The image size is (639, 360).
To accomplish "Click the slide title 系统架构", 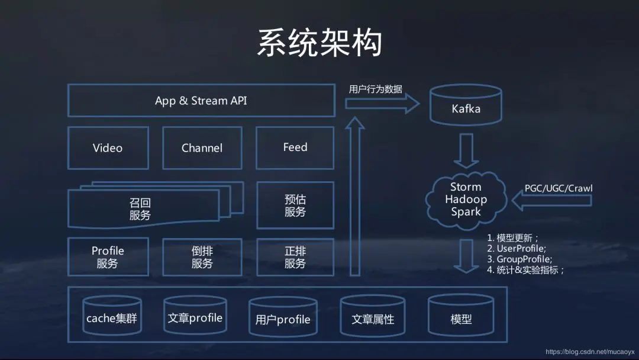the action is (320, 43).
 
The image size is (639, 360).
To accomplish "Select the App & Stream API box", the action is (201, 100).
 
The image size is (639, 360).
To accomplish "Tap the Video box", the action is (108, 147).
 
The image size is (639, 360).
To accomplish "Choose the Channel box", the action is (202, 147).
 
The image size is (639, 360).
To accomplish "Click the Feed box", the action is (295, 147).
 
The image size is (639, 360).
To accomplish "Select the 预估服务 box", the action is (295, 205).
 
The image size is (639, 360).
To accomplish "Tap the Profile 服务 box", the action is (108, 257).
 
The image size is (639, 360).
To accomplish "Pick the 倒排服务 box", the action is (202, 257).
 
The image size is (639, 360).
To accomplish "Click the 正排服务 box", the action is (295, 257).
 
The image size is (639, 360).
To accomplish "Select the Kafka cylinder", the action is (466, 105).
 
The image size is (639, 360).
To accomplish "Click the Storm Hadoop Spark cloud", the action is (466, 200).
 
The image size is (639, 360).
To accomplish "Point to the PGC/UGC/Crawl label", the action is (559, 188).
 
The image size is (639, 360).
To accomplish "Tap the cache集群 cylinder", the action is (112, 316).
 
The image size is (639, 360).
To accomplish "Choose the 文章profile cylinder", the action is (195, 315).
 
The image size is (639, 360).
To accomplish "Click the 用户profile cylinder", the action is (283, 317).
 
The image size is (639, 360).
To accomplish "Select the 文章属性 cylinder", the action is (373, 316).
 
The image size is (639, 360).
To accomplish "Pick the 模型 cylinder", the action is (461, 316).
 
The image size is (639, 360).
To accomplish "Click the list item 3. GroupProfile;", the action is (519, 259).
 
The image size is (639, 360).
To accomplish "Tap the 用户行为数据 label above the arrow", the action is (375, 89).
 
